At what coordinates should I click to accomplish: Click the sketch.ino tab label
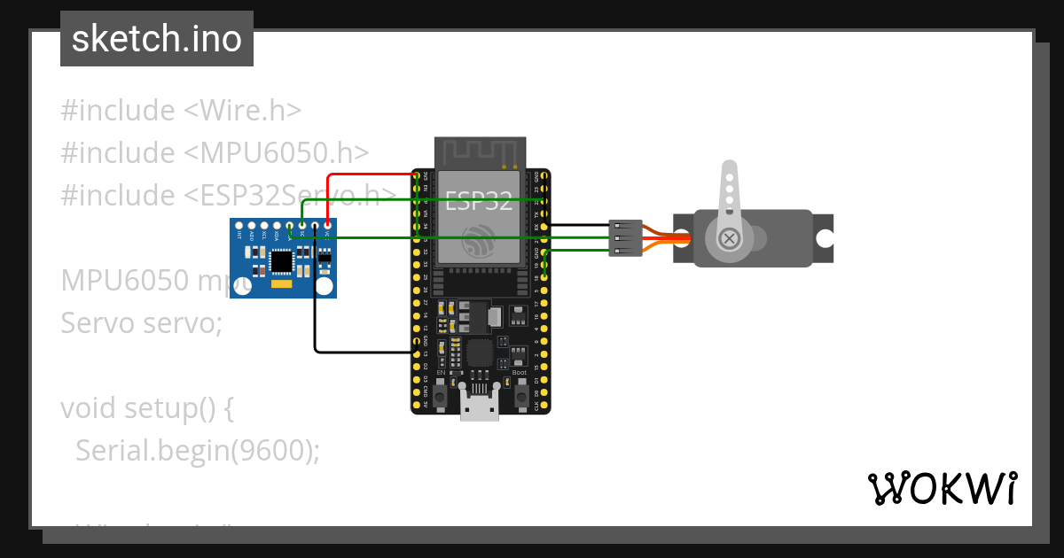[157, 39]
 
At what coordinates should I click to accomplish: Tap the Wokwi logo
[942, 488]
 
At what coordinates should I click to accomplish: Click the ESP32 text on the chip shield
[479, 201]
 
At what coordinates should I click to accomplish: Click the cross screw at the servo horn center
[729, 238]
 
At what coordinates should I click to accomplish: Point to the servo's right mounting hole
[825, 238]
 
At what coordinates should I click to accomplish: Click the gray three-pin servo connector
[624, 238]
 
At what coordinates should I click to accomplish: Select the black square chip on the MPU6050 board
[282, 260]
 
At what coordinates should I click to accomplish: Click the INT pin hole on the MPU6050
[239, 227]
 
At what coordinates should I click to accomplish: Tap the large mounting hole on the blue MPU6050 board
[325, 286]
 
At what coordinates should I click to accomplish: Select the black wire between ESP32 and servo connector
[576, 226]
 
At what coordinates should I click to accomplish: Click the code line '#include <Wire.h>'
[181, 111]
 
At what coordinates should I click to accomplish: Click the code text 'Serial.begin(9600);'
[197, 451]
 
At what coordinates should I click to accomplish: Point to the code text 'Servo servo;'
[141, 323]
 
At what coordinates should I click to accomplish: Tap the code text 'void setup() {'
[147, 408]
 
